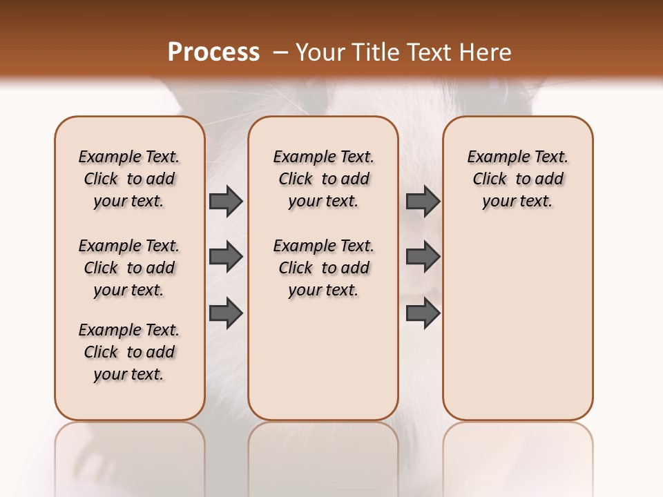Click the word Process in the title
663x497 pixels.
(x=213, y=52)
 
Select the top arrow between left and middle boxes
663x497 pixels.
(x=226, y=202)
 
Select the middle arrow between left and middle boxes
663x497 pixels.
(x=226, y=257)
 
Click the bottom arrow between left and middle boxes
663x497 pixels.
(x=226, y=313)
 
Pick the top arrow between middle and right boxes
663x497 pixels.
(x=423, y=202)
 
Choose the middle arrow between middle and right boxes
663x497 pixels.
(x=423, y=257)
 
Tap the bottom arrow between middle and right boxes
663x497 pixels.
(x=423, y=313)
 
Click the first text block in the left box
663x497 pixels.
(x=129, y=179)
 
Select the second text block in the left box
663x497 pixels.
(x=129, y=268)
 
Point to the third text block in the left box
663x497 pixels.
(x=129, y=352)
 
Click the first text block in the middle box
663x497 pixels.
(x=323, y=179)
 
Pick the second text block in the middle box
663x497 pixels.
(x=323, y=268)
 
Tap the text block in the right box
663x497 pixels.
(x=517, y=179)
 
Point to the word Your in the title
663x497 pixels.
(x=318, y=52)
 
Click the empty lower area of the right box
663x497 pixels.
(x=517, y=331)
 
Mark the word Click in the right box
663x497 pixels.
(x=490, y=179)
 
